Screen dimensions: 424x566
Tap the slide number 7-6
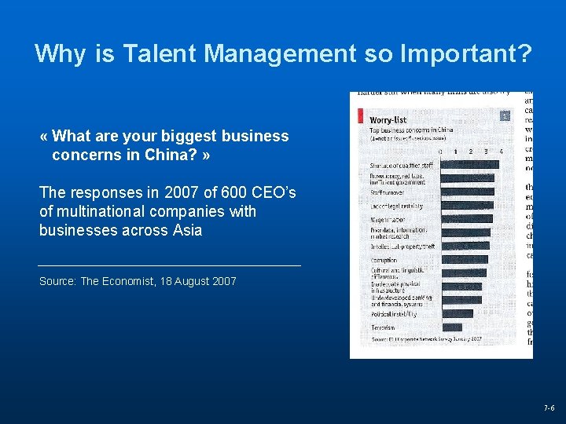coord(549,408)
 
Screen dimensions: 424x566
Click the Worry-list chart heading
coord(388,120)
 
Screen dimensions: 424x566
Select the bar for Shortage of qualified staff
coord(469,164)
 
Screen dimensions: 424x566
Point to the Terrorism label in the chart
coord(383,327)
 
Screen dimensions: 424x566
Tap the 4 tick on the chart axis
coord(501,151)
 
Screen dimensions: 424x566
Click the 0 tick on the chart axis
coord(440,151)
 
